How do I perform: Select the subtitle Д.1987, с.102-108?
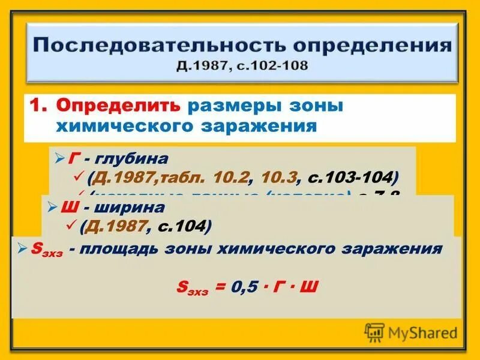(x=242, y=65)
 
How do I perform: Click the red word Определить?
(x=118, y=106)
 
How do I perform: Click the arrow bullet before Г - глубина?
(x=59, y=158)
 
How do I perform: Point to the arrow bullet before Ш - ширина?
(x=52, y=208)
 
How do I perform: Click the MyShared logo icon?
(x=374, y=332)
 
